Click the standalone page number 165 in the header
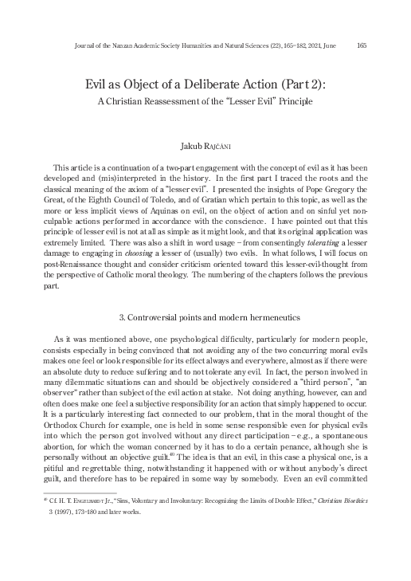[x=362, y=45]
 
